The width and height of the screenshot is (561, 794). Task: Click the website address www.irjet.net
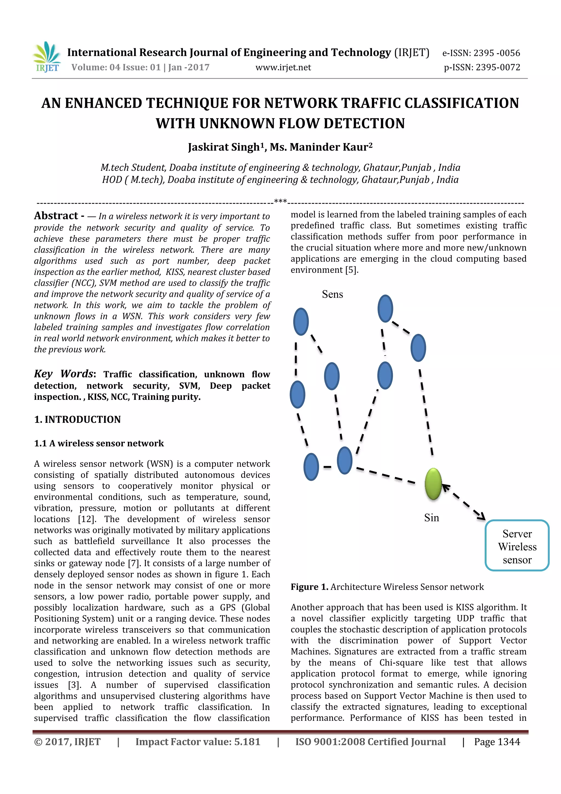[x=283, y=67]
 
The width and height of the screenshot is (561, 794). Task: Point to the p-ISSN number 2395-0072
[x=498, y=67]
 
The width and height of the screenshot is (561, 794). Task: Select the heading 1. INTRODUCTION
[x=78, y=420]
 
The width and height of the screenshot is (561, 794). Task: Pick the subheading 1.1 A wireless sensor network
[x=99, y=443]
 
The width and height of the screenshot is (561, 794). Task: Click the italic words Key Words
[x=64, y=374]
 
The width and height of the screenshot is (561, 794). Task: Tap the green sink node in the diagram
[x=433, y=484]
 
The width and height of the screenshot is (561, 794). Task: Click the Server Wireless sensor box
[x=517, y=547]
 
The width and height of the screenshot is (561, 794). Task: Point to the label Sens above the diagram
[x=333, y=294]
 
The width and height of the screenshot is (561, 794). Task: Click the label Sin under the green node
[x=431, y=518]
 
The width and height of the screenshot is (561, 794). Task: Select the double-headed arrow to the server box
[x=464, y=502]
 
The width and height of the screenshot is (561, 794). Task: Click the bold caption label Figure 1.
[x=309, y=587]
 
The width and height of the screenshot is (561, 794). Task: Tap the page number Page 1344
[x=497, y=742]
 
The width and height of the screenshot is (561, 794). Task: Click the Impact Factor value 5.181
[x=247, y=742]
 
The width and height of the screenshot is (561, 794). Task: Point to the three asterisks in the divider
[x=280, y=201]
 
